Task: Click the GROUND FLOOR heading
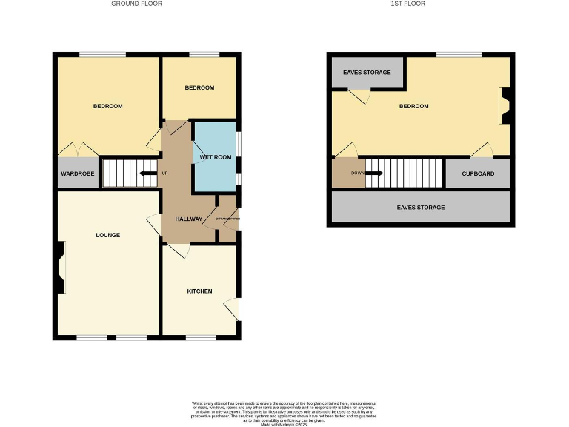tap(136, 4)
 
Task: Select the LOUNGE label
tap(107, 235)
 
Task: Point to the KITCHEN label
tap(199, 291)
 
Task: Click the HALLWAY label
tap(189, 219)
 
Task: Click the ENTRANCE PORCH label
tap(227, 219)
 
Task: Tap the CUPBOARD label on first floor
tap(477, 173)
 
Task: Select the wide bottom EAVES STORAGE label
tap(420, 208)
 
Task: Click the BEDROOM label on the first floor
tap(413, 106)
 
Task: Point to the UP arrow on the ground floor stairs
tap(149, 173)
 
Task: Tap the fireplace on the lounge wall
tap(58, 268)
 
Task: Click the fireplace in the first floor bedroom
tap(505, 105)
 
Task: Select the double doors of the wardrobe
tap(79, 149)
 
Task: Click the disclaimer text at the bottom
tap(284, 411)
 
